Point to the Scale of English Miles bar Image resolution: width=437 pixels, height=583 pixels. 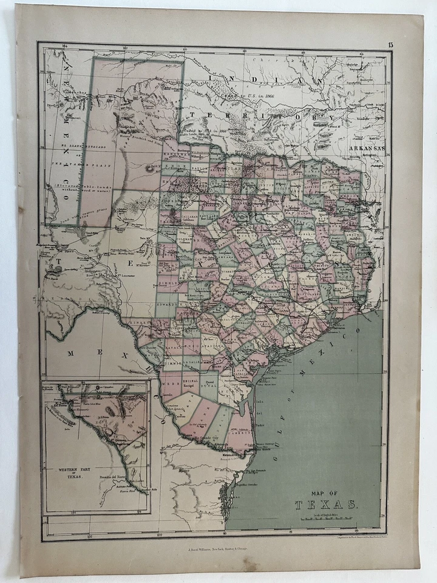328,518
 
